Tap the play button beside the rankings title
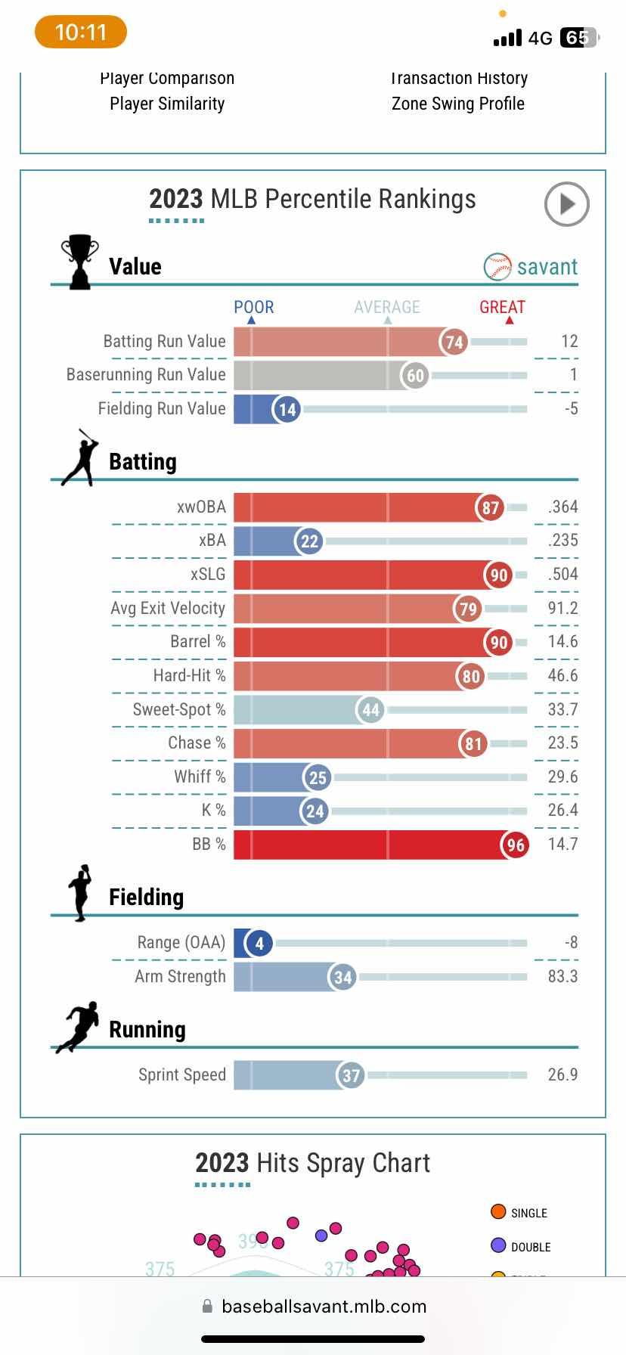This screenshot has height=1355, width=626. [566, 203]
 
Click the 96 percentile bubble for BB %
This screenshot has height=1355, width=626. [516, 845]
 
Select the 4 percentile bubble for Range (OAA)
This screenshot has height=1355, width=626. [259, 943]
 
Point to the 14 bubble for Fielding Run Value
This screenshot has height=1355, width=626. [287, 409]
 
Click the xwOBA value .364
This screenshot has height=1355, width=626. [563, 507]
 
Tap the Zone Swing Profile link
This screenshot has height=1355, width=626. [457, 104]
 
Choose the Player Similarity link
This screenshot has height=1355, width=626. [167, 104]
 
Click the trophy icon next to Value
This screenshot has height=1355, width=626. [79, 262]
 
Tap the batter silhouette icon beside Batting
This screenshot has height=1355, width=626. [81, 458]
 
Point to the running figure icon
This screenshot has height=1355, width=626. [78, 1027]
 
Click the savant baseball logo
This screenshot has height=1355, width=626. [497, 267]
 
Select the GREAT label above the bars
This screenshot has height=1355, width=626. [502, 307]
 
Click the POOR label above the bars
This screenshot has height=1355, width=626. [253, 307]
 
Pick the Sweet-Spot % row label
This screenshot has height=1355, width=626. [179, 709]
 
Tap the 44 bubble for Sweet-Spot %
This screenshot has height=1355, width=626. [370, 709]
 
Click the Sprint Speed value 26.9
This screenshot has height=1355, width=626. [562, 1074]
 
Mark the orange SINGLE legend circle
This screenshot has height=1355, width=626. [498, 1212]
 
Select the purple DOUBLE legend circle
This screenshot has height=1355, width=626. [498, 1246]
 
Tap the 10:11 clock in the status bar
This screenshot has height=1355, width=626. [81, 33]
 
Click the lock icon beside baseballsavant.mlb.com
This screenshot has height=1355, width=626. [207, 1307]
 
